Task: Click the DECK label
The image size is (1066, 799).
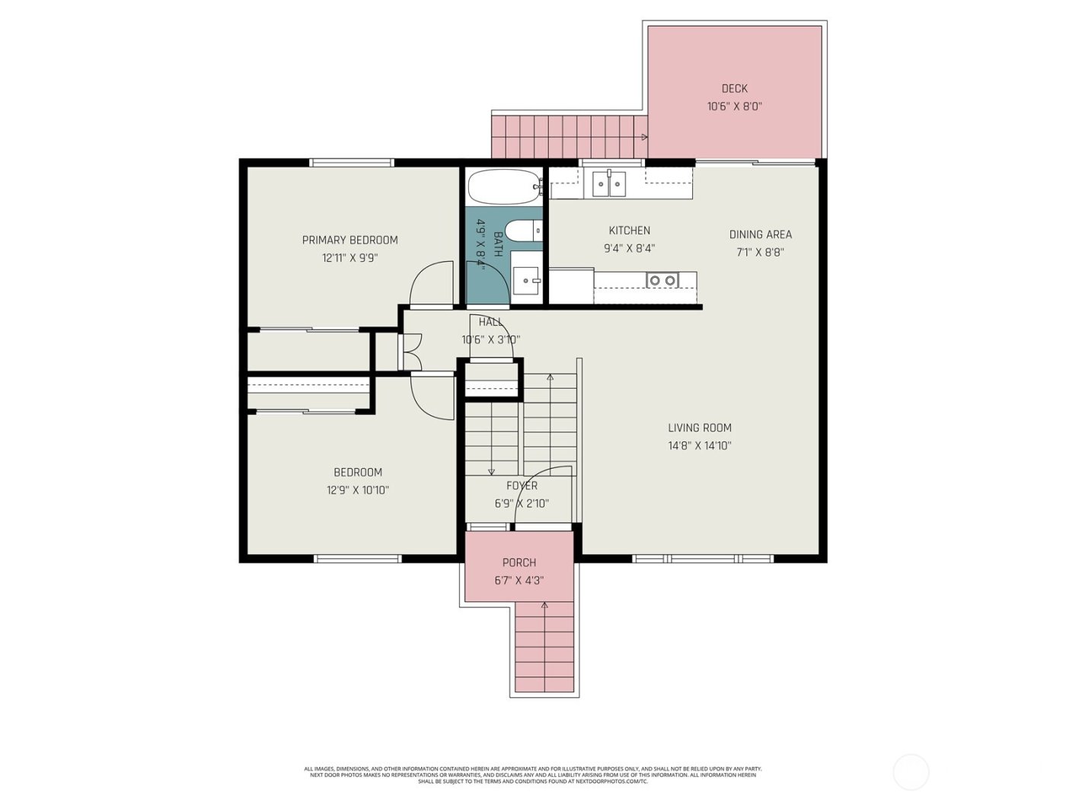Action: [734, 89]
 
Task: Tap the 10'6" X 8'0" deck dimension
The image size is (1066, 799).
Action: [734, 107]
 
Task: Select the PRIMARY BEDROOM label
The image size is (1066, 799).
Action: [349, 240]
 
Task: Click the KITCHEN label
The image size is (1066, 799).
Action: [629, 231]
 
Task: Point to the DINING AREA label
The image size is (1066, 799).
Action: [760, 234]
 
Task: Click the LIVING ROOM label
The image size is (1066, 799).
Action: [699, 428]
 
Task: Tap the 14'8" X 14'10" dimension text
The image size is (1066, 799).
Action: [699, 447]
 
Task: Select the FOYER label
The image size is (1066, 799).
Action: [522, 486]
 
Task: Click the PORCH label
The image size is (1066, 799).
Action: [519, 563]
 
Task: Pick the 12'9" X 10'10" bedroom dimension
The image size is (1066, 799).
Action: [358, 491]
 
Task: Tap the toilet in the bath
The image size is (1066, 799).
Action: [524, 229]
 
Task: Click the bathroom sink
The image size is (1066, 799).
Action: [525, 281]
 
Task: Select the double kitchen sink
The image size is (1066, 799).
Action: [609, 183]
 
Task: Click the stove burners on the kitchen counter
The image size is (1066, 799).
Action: [661, 281]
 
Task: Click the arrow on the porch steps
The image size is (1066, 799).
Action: [544, 606]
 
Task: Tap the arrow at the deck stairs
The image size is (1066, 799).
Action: [644, 138]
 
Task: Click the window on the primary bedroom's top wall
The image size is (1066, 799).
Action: [351, 162]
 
